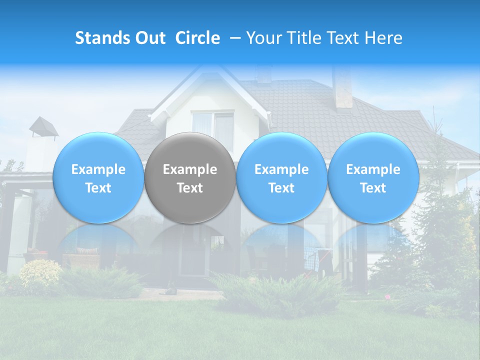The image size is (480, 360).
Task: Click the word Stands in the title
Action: click(98, 38)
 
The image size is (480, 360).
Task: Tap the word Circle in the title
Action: click(197, 38)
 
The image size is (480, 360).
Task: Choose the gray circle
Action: click(190, 178)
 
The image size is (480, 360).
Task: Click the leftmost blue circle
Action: click(98, 178)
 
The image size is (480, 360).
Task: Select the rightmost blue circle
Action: click(373, 178)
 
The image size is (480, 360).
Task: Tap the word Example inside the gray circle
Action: click(190, 169)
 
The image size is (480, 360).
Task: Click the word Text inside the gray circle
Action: click(190, 188)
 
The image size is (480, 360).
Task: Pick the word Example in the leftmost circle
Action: click(98, 169)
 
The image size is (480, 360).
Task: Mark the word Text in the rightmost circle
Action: click(373, 188)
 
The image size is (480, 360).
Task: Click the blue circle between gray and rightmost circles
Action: click(281, 178)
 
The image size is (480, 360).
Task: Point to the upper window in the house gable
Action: click(213, 125)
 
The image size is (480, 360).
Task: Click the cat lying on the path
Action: click(171, 289)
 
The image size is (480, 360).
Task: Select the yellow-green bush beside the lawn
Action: click(40, 273)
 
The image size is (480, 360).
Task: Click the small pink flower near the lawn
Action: click(387, 296)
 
